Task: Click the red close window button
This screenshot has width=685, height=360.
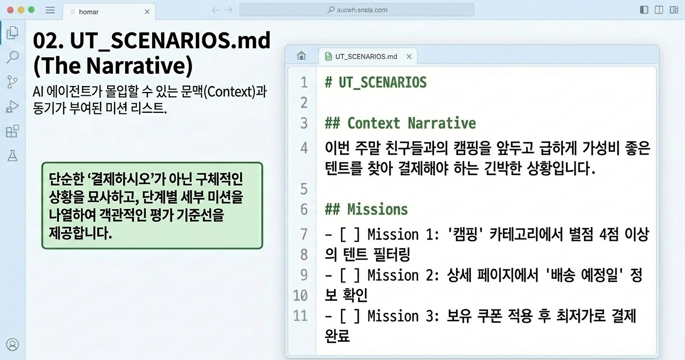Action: point(10,10)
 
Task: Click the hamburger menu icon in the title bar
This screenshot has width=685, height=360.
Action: point(50,10)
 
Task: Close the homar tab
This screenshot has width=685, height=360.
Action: point(147,12)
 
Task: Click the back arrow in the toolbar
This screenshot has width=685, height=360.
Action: point(215,10)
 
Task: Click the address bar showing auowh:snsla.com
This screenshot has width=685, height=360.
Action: point(356,10)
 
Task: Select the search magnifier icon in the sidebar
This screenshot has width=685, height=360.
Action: point(12,57)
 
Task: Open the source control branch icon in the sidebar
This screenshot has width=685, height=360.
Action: point(12,82)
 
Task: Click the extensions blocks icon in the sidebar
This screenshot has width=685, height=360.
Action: point(12,131)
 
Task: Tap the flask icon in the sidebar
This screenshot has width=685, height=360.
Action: point(12,156)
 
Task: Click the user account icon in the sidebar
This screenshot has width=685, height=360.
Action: point(12,344)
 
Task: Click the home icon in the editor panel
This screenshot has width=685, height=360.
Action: point(301,56)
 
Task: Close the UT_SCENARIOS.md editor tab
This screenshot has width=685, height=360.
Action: point(409,57)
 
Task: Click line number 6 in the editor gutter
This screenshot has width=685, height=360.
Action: point(303,210)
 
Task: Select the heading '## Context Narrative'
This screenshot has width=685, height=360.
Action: point(400,123)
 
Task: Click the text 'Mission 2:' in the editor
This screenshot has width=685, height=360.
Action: point(404,275)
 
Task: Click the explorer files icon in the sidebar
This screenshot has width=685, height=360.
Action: point(12,33)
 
